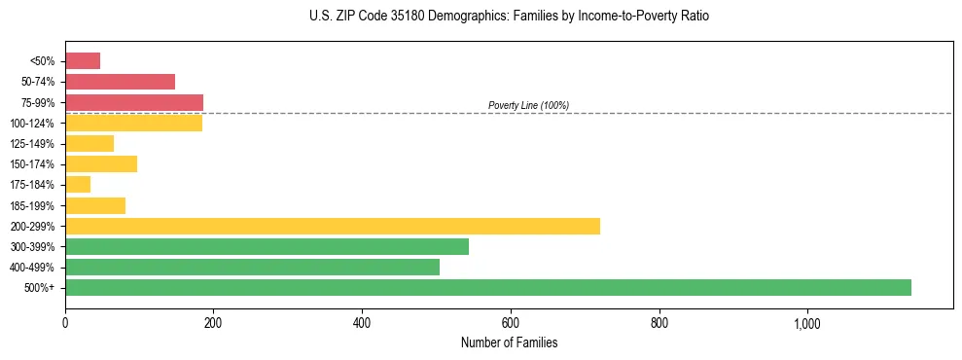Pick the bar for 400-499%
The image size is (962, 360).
252,267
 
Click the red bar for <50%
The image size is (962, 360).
83,61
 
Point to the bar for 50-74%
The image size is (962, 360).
120,82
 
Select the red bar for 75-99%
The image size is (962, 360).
134,102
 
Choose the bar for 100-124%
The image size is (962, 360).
133,123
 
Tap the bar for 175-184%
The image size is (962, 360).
78,184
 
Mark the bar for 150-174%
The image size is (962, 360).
101,163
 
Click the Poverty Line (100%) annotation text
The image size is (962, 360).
528,105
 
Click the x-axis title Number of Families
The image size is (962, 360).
509,343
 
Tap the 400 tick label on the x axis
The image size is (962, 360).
362,323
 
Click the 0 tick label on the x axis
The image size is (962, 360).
65,323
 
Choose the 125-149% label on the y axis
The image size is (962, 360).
37,144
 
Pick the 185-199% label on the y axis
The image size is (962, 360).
37,205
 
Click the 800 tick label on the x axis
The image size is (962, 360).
659,323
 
